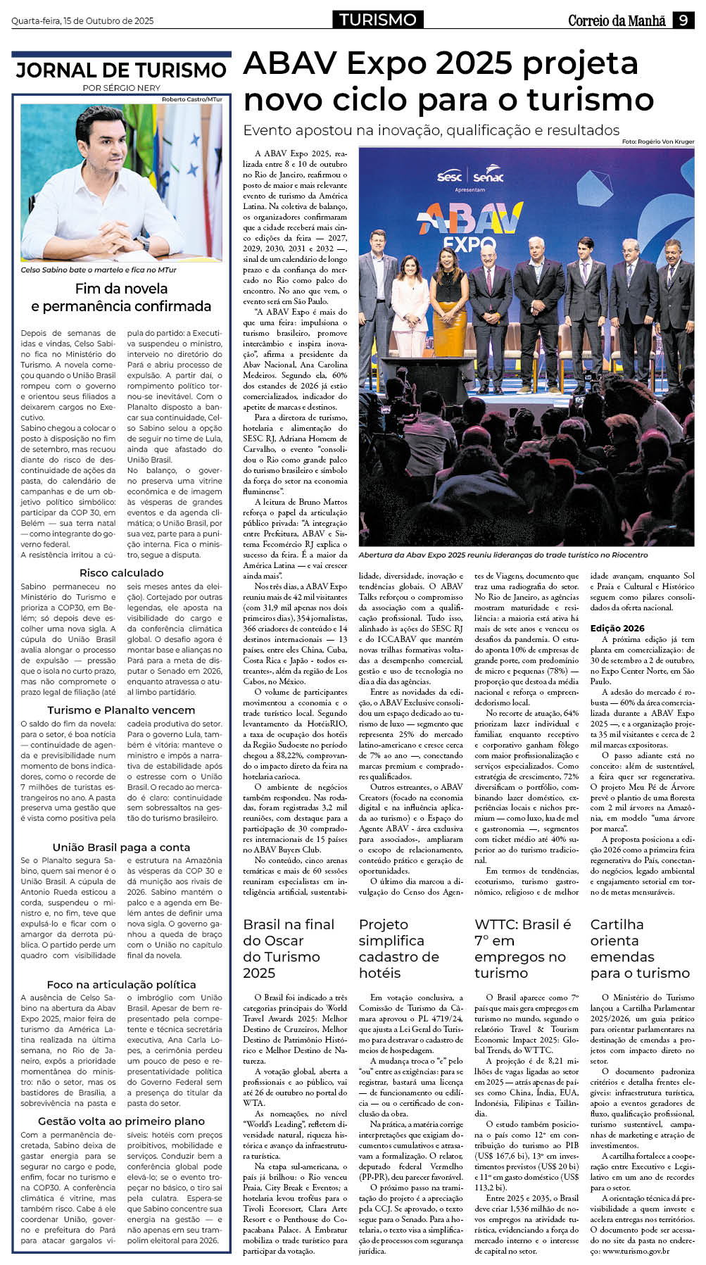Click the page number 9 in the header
tap(683, 20)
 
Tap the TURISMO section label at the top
tap(377, 20)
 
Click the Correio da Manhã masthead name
tap(617, 21)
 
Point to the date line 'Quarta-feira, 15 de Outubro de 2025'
tap(82, 21)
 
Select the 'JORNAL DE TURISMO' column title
tap(121, 70)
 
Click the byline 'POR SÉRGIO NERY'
tap(121, 88)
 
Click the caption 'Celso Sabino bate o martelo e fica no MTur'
tap(99, 270)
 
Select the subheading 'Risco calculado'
tap(121, 573)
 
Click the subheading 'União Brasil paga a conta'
tap(121, 847)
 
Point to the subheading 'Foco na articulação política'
tap(121, 984)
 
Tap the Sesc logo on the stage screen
tap(449, 177)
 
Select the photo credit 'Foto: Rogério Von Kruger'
tap(657, 141)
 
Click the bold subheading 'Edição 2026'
tap(617, 628)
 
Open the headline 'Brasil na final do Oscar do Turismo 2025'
tap(289, 948)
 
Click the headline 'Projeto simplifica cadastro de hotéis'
tap(398, 948)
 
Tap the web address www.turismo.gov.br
tap(635, 1251)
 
